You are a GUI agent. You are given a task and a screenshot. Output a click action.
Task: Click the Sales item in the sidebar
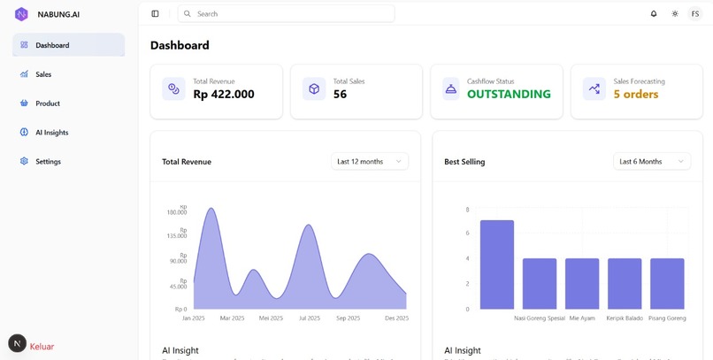click(43, 74)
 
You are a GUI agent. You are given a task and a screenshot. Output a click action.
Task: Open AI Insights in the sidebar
click(51, 133)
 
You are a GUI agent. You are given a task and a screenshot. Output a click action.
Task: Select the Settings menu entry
click(48, 162)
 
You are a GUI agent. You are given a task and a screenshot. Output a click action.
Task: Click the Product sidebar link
click(48, 103)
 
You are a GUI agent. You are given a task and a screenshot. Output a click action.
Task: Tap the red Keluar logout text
click(42, 347)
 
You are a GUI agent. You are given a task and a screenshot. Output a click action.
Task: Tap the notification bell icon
click(654, 14)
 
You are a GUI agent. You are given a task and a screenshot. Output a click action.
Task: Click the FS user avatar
click(694, 14)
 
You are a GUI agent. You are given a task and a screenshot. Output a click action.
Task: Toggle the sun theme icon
click(675, 14)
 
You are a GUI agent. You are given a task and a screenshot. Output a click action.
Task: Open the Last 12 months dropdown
click(370, 161)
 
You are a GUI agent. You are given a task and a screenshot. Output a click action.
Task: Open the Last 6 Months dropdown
click(652, 161)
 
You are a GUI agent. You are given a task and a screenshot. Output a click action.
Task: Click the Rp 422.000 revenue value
click(224, 95)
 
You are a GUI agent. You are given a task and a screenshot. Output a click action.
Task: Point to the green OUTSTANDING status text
click(509, 95)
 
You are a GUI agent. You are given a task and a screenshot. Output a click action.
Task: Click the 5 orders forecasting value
click(636, 95)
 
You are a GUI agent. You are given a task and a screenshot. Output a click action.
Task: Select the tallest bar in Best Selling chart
click(496, 265)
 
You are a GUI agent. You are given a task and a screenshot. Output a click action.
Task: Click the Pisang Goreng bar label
click(667, 318)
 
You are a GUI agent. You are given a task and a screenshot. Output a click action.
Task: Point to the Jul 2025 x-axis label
click(310, 318)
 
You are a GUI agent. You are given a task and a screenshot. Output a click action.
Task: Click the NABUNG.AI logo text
click(58, 14)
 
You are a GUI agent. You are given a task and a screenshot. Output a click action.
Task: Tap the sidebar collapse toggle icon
click(156, 14)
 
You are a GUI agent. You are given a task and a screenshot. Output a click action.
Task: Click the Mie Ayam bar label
click(582, 318)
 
